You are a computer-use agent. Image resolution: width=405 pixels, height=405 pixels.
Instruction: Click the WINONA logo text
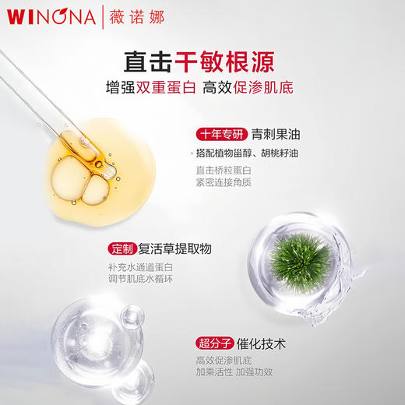pos(47,16)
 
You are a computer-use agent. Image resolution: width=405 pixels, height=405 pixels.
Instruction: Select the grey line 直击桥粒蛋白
pos(224,171)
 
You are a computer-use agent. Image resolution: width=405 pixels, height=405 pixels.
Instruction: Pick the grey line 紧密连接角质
pos(224,184)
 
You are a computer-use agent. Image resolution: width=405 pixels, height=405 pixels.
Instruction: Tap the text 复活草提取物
pos(175,249)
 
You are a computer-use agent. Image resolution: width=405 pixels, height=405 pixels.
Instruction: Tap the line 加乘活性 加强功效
pos(236,373)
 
